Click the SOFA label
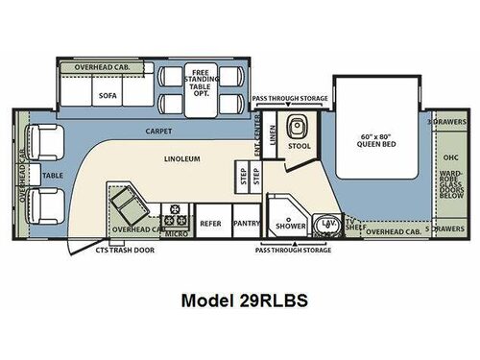point(106,96)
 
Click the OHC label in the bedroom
point(447,156)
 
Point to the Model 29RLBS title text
point(239,300)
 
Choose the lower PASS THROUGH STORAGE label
point(293,250)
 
